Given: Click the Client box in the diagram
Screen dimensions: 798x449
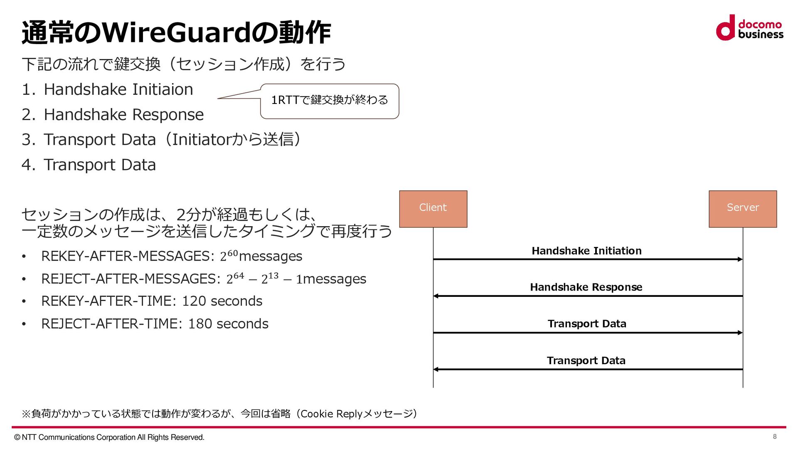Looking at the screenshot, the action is [x=433, y=209].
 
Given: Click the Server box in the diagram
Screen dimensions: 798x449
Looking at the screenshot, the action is [x=743, y=209].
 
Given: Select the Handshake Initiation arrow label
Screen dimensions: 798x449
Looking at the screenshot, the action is [x=586, y=251].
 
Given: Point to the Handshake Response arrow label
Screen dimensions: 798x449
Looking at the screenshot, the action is [x=586, y=287].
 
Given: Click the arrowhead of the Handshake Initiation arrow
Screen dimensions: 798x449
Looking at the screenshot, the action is [x=740, y=259].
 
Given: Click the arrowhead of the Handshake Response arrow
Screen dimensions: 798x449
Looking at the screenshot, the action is [x=436, y=296].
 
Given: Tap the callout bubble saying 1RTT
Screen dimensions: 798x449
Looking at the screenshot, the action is [x=330, y=101].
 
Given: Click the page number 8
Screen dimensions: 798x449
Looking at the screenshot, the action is [x=775, y=437].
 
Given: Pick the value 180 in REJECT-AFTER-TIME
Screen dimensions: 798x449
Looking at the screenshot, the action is [x=200, y=324].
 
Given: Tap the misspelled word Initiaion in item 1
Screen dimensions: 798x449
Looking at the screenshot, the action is [x=163, y=90].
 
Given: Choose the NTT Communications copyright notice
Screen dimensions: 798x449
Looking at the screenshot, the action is [x=109, y=437].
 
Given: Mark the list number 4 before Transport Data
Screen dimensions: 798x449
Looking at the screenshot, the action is [x=27, y=165].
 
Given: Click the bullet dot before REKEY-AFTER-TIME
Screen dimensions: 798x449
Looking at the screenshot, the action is [x=24, y=301].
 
